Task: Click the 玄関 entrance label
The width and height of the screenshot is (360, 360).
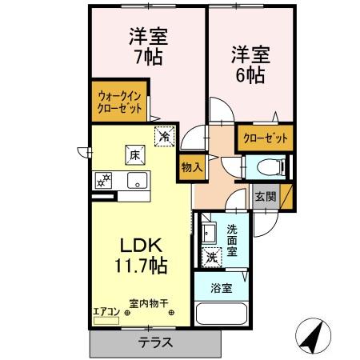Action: (x=265, y=196)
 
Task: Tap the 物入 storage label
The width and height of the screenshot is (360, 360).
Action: (x=190, y=168)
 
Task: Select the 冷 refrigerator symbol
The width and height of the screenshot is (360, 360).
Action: (x=164, y=137)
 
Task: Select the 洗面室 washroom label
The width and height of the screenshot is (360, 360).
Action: (x=232, y=241)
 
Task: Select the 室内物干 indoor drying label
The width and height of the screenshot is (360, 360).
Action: (x=149, y=303)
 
